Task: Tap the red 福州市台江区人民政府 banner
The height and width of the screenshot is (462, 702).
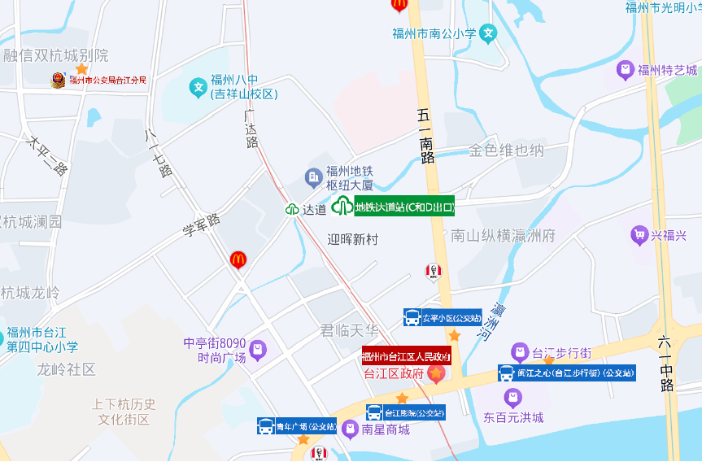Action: point(406,355)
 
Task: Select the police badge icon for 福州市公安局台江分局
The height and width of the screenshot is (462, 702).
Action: point(58,80)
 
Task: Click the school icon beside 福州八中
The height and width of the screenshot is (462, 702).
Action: point(198,86)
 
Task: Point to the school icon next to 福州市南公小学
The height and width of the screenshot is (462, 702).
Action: point(488,33)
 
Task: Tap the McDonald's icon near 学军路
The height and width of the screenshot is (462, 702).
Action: point(238,259)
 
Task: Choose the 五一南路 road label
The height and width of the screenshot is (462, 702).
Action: point(426,135)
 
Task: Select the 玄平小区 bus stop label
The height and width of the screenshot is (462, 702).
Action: point(443,317)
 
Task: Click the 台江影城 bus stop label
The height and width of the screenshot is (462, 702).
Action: point(405,412)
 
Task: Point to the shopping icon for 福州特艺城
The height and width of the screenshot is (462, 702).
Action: point(625,70)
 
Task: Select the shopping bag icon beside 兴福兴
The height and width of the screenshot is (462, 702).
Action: point(639,236)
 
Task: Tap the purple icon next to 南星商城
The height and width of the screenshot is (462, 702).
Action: point(350,429)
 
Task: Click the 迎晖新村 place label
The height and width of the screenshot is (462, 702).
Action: point(353,240)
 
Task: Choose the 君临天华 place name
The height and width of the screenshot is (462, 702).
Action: point(350,330)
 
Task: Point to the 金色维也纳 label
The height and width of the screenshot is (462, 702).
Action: point(506,150)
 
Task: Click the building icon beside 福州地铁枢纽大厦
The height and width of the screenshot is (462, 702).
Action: point(313,177)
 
